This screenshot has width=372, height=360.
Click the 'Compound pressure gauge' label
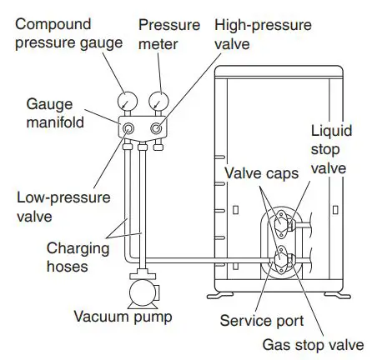click(x=67, y=34)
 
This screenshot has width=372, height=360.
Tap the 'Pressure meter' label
click(x=169, y=34)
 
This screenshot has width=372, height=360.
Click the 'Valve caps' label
click(x=259, y=173)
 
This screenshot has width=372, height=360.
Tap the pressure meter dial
click(x=158, y=102)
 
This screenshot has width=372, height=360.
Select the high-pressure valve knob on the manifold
click(x=155, y=131)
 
